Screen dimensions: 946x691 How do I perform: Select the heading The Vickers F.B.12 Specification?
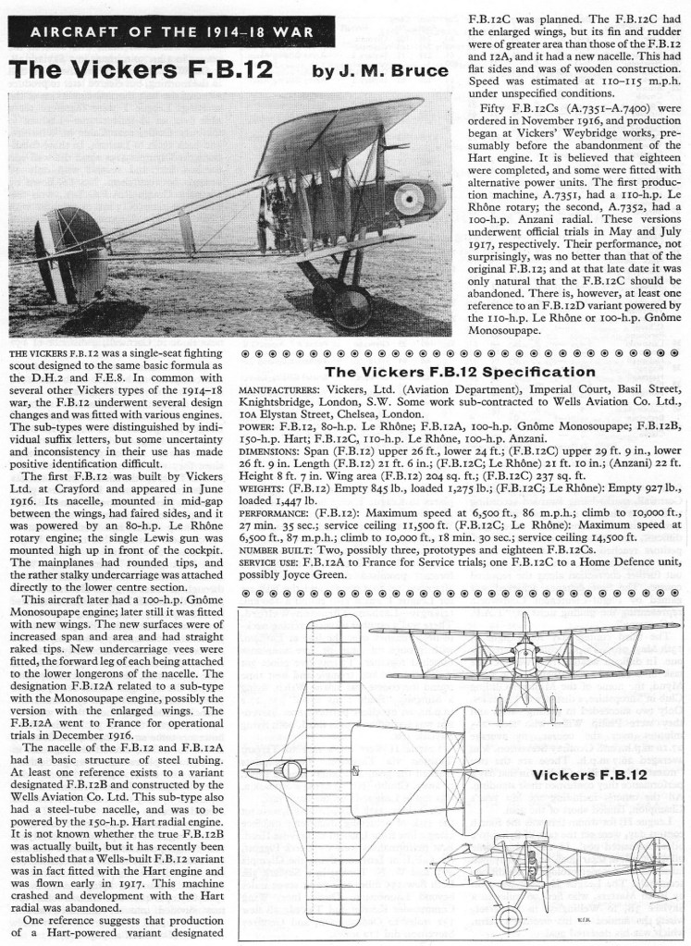[460, 372]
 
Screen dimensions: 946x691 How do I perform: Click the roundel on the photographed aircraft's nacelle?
[407, 198]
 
